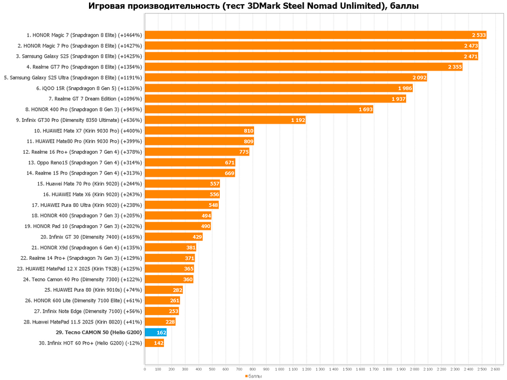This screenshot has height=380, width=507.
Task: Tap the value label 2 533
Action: point(479,35)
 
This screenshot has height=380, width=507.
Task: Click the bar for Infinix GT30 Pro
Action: point(225,120)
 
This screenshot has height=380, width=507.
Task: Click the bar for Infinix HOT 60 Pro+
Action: point(154,343)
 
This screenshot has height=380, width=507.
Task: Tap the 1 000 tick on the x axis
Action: point(279,369)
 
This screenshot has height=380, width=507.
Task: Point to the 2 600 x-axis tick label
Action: point(495,369)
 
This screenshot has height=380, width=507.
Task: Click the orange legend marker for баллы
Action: point(246,376)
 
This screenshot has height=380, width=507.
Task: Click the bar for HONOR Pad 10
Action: point(177,226)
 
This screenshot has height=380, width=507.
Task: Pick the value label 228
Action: point(170,322)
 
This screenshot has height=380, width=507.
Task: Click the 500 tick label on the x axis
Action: point(212,369)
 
